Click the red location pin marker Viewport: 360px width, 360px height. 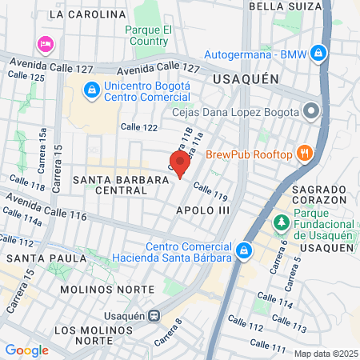[x=180, y=163]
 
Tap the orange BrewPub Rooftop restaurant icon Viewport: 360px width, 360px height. [x=304, y=153]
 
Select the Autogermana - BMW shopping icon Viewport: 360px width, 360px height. [x=318, y=54]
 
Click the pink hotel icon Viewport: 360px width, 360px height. [x=46, y=43]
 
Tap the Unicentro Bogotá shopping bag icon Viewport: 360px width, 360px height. [x=93, y=89]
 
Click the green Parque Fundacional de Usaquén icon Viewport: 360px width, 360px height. [x=282, y=221]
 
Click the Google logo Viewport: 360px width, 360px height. [x=26, y=350]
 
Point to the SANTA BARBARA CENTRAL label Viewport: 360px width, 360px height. [x=121, y=186]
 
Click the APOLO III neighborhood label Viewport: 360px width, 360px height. [x=202, y=210]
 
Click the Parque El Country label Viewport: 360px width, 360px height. [x=150, y=36]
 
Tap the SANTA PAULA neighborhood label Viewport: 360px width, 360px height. [x=46, y=258]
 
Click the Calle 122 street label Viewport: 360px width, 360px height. [x=139, y=126]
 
